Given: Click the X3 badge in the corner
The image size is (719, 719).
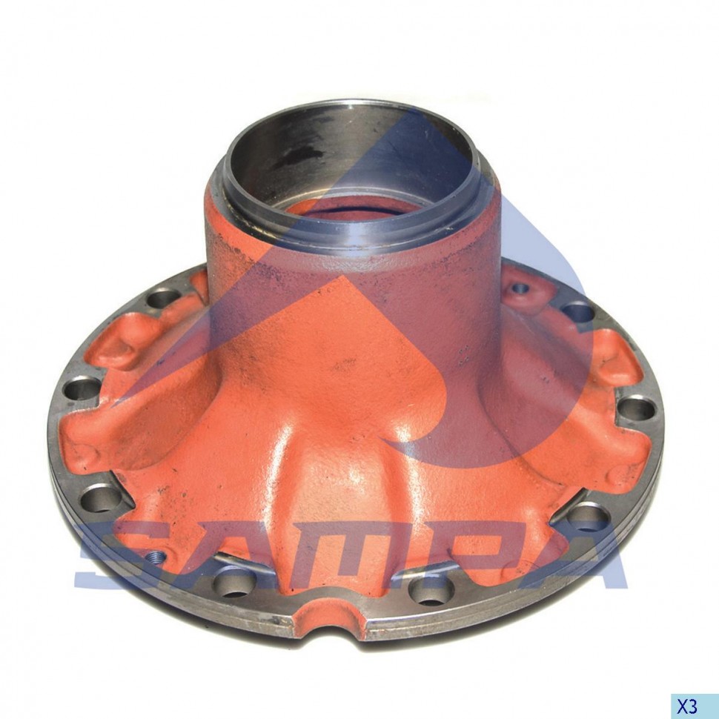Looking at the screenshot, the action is click(x=695, y=706).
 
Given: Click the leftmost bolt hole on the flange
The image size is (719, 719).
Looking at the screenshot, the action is click(x=82, y=389).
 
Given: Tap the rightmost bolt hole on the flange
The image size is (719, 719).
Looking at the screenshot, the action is click(x=637, y=409).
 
